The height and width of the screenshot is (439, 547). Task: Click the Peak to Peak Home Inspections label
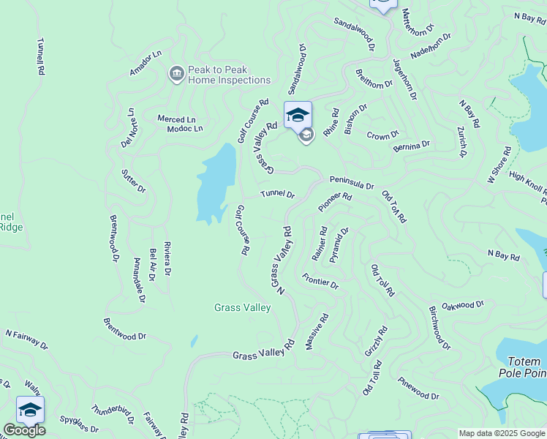[x=229, y=75]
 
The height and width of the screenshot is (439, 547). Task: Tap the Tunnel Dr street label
[x=278, y=195]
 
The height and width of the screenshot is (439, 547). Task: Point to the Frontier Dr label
[x=320, y=281]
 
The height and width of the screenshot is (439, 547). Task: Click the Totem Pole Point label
[x=524, y=367]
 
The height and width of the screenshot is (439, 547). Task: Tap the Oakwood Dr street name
[x=463, y=304]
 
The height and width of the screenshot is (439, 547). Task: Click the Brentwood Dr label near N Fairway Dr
[x=124, y=329]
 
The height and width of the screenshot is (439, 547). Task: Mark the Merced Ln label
[x=177, y=119]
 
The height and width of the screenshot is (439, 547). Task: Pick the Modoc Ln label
[x=184, y=129]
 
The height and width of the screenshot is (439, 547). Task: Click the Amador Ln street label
[x=145, y=64]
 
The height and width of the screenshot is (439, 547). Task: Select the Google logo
[x=24, y=430]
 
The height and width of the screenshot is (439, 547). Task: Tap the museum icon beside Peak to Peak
[x=176, y=74]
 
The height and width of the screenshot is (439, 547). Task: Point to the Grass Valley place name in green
[x=243, y=308]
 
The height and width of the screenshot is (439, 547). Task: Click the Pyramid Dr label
[x=339, y=244]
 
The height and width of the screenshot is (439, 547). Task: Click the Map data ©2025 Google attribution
[x=502, y=432]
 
